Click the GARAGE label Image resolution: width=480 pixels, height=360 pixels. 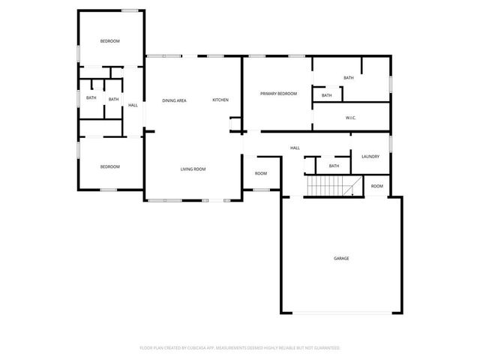click(x=341, y=258)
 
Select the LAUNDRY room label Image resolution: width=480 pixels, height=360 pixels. click(x=370, y=157)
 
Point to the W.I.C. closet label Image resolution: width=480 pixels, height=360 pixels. click(x=350, y=118)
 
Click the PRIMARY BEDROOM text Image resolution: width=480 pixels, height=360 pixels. click(x=278, y=94)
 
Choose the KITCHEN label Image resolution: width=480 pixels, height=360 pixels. click(x=220, y=100)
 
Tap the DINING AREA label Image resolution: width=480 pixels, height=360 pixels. click(x=174, y=100)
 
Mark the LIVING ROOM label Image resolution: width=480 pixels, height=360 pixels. click(x=193, y=169)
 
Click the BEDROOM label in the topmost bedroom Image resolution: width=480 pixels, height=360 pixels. click(x=110, y=41)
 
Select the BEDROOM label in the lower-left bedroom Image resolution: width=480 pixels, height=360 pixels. click(x=110, y=166)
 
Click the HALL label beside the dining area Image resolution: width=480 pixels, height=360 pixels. click(x=133, y=105)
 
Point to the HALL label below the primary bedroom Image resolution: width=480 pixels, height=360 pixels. click(x=295, y=148)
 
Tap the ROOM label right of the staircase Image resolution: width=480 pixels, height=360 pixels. click(x=376, y=186)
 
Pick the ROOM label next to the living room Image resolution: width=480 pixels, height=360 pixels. click(x=260, y=173)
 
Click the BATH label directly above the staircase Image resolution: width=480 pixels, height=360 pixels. click(x=334, y=166)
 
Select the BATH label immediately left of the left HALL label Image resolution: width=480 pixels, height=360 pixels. click(x=113, y=99)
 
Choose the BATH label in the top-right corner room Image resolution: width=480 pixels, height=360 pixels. click(x=348, y=78)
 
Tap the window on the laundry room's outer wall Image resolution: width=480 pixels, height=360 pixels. click(x=391, y=142)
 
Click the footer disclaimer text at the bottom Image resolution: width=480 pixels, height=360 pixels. click(x=240, y=348)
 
